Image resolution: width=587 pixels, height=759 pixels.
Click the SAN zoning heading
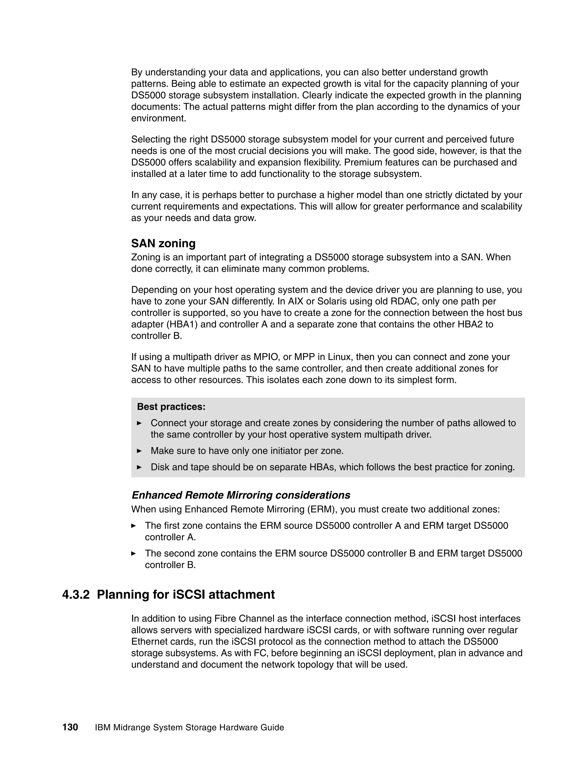click(163, 243)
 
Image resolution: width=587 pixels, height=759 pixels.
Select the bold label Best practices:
click(171, 407)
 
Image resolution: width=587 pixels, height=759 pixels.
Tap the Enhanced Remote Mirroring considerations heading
click(241, 495)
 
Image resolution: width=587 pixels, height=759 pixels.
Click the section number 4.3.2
click(76, 595)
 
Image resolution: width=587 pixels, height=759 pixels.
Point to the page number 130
click(70, 727)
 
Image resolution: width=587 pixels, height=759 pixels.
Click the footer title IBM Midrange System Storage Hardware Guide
click(189, 727)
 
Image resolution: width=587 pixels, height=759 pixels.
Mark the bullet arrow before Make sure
click(140, 451)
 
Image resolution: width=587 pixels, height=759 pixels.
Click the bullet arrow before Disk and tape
click(140, 467)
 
